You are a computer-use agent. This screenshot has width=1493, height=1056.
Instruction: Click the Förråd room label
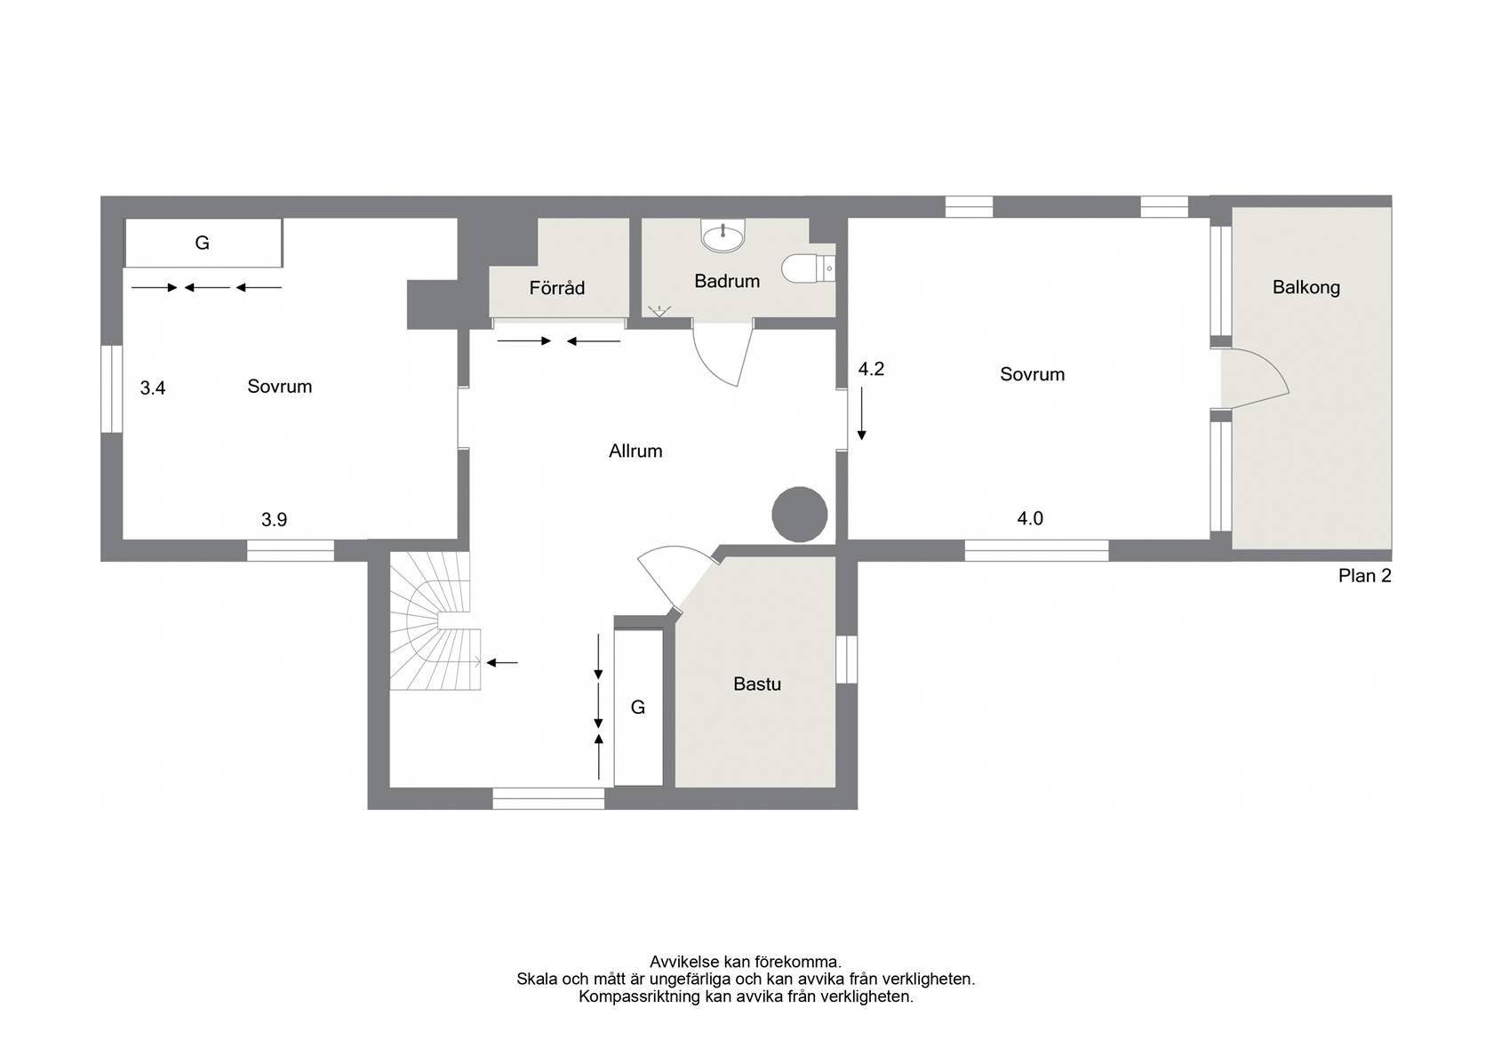(556, 288)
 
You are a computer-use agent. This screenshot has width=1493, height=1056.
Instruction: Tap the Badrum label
(727, 281)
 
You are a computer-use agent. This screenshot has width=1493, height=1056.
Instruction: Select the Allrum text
(635, 452)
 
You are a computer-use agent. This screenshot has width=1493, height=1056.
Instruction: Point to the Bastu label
(756, 684)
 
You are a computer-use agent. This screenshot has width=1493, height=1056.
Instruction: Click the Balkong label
(1305, 287)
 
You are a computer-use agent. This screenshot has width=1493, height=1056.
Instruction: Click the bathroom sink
(723, 236)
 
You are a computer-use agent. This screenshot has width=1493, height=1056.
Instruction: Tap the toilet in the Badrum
(808, 268)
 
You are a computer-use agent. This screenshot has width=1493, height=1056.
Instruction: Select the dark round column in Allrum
(799, 515)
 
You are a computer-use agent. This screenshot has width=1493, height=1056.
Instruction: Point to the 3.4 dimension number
(153, 388)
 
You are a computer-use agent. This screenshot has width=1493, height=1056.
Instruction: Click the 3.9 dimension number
(274, 519)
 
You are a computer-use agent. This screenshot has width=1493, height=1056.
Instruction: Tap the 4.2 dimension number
(871, 369)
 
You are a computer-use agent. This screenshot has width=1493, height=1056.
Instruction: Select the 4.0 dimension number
(1030, 518)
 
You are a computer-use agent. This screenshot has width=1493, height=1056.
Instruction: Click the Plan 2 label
(1364, 576)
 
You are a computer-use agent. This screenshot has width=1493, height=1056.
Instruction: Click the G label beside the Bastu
(638, 708)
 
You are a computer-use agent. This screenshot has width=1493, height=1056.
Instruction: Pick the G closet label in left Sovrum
(202, 243)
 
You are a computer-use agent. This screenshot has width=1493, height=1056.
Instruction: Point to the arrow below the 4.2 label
(862, 413)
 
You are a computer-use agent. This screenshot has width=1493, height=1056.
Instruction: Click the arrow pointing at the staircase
(502, 663)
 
